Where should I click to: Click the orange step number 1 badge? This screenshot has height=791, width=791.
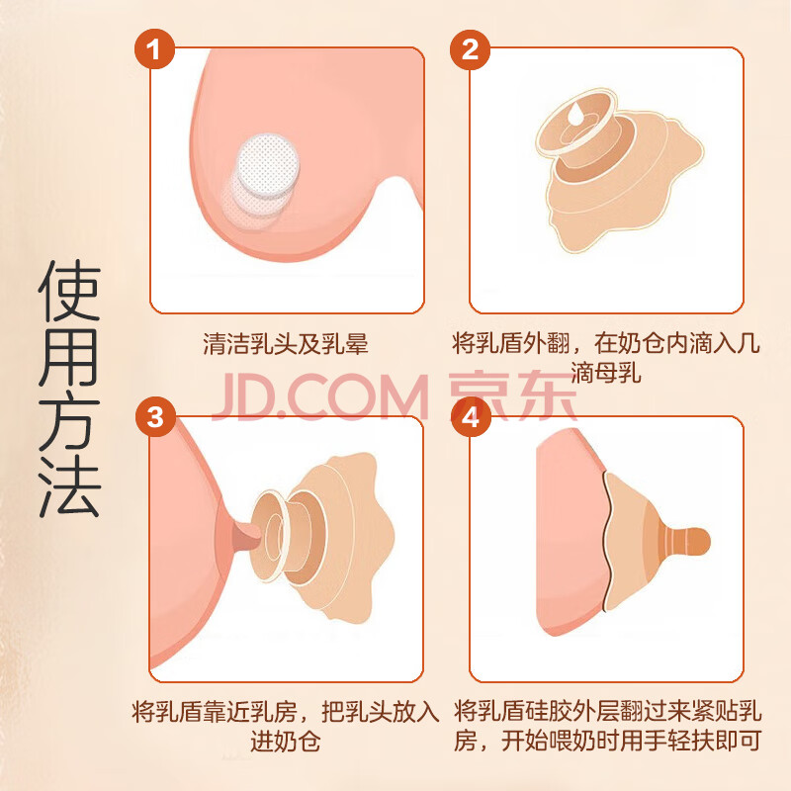coord(154,49)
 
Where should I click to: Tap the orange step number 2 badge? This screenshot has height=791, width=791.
coord(471,49)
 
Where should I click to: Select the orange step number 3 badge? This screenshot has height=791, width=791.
coord(155,417)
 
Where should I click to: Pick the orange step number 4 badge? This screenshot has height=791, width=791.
coord(471,417)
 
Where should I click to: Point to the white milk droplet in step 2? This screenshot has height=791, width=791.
coord(574,114)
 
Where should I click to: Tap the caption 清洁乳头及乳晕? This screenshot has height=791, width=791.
coord(286,344)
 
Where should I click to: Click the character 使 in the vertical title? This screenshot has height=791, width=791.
coord(69,291)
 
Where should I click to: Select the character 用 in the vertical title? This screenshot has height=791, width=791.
coord(69,357)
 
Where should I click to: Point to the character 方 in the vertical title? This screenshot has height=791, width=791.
coord(69,422)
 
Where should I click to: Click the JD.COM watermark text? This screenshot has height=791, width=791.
coord(319,396)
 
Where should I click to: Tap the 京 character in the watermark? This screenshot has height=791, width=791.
coord(479,396)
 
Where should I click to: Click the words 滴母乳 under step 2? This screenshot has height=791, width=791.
coord(605,374)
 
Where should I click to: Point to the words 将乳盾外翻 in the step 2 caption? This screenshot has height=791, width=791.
coord(510,343)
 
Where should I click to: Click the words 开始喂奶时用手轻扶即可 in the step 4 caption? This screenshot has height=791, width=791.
coord(631,742)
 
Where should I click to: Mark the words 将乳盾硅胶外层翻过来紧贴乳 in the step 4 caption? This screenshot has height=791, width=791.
coord(607,711)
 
